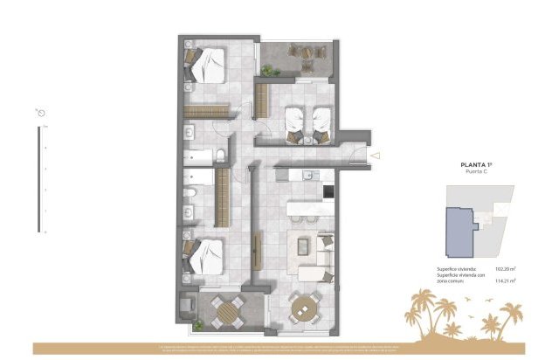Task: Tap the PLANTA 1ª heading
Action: pos(479,164)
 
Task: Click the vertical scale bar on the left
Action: pos(38,179)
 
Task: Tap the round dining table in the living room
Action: pos(303,308)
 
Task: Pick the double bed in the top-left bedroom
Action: pos(208,63)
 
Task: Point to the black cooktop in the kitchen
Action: pos(328,191)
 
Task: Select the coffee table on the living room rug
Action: pos(303,246)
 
